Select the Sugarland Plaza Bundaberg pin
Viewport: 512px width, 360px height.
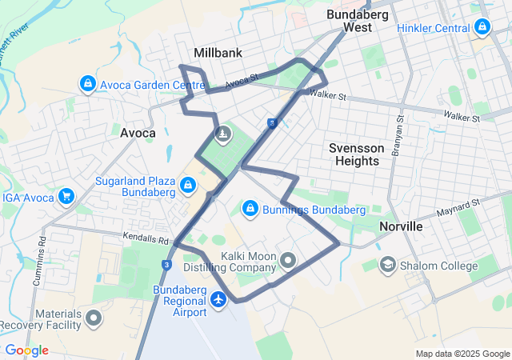pyautogui.click(x=187, y=186)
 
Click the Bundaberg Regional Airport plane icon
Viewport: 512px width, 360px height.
pyautogui.click(x=220, y=299)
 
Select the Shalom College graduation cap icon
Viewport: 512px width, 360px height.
pyautogui.click(x=388, y=265)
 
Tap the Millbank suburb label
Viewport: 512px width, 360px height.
pyautogui.click(x=218, y=53)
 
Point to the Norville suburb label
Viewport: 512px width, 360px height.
pyautogui.click(x=401, y=226)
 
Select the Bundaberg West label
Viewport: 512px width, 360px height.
pyautogui.click(x=357, y=21)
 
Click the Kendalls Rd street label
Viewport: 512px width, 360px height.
pyautogui.click(x=148, y=238)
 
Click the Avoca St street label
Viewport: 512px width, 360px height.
pyautogui.click(x=242, y=80)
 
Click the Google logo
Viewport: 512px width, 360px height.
pyautogui.click(x=26, y=350)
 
